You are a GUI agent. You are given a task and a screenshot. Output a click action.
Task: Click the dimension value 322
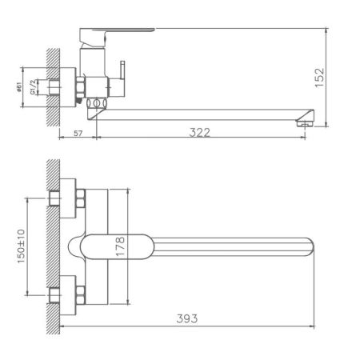(200, 132)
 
